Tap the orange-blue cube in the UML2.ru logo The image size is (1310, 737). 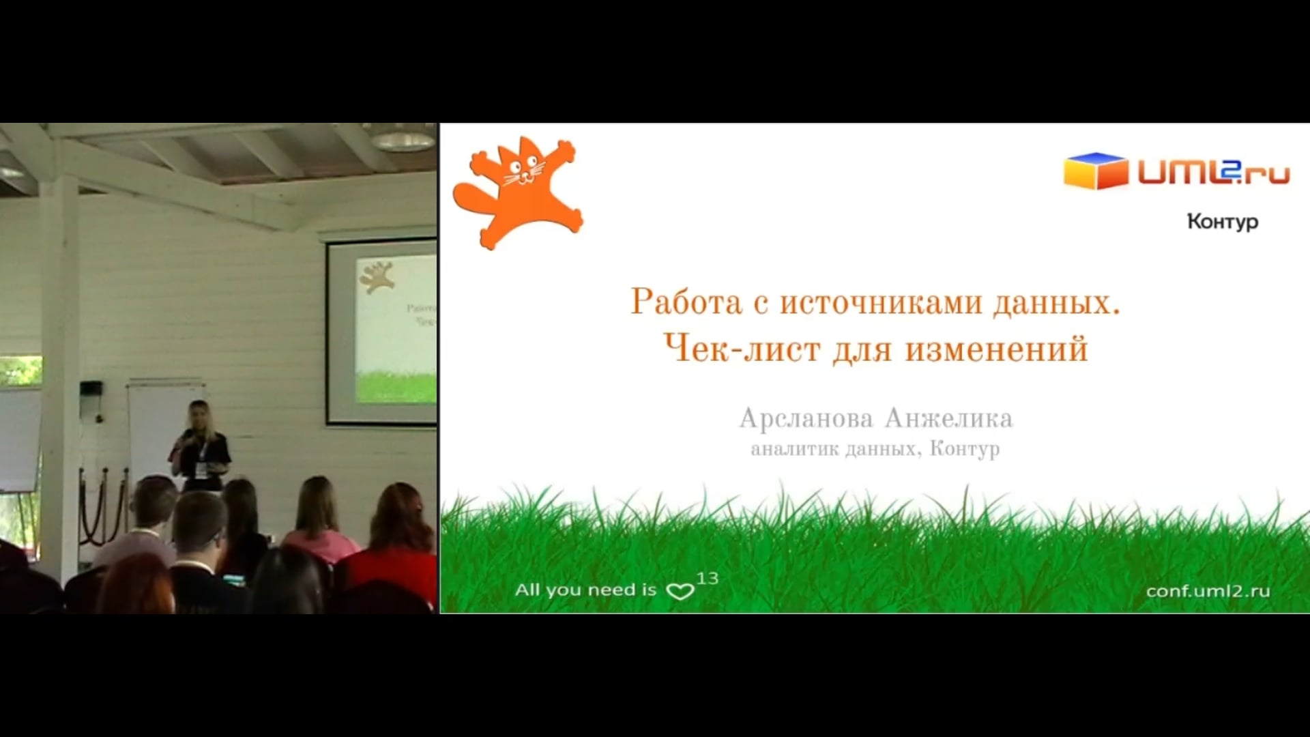point(1096,171)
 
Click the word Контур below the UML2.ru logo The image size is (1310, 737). point(1223,222)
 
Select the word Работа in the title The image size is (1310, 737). point(686,302)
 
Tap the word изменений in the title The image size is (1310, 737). point(996,350)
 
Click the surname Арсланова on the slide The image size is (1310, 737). point(806,418)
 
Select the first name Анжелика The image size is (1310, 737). point(949,418)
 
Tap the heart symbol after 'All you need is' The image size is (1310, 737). point(680,591)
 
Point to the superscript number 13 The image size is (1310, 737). point(708,579)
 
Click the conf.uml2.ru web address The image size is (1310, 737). point(1208,591)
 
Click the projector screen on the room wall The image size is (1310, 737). point(382,331)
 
